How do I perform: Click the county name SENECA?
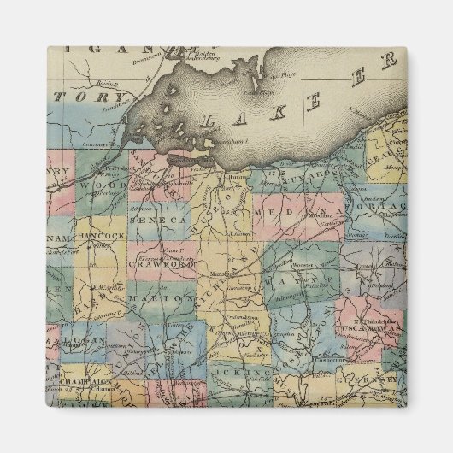click(x=157, y=221)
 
